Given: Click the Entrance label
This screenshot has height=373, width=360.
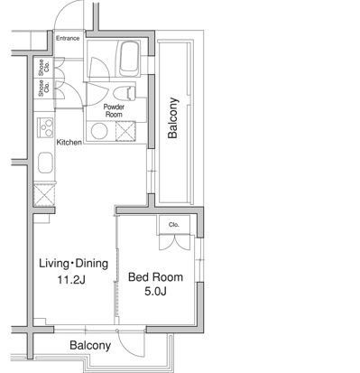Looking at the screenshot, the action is point(68,38).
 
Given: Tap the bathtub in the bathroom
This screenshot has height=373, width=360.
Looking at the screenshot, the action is point(130,59).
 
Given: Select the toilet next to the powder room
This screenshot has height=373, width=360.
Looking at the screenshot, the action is point(125,93).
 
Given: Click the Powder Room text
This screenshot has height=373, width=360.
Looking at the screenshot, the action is point(114,110).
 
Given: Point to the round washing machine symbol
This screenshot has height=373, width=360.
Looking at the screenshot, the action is point(99,131).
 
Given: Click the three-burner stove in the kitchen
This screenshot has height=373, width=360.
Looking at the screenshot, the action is point(45,128).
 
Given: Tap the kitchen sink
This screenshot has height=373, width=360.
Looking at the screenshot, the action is point(46,163).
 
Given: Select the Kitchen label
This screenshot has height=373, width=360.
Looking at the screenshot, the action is point(69,142).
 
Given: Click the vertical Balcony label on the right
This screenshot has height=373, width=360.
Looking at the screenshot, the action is point(173,118).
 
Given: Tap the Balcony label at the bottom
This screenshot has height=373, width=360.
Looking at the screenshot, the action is point(90,345).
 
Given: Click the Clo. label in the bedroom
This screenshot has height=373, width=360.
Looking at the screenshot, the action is point(174,225).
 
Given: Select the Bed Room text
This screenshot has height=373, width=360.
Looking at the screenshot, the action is point(155,277).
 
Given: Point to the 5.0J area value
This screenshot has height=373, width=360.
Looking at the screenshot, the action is point(155,292).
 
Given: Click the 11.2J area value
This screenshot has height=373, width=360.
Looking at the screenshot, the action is point(71,280).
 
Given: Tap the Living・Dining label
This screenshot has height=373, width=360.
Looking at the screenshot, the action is point(74,264).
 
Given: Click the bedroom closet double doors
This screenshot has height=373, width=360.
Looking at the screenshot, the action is point(175,242).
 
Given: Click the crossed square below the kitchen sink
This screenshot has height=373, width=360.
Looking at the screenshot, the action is point(44,195).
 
